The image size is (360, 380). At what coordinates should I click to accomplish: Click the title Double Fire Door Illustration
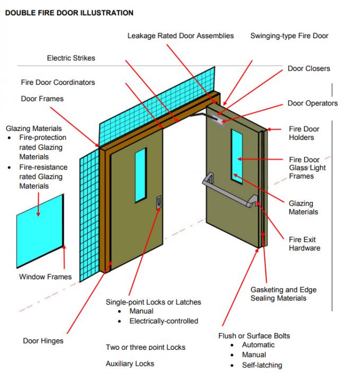tap(69, 12)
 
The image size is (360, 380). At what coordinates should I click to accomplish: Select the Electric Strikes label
tap(71, 58)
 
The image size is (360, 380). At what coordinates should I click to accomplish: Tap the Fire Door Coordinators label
tap(58, 83)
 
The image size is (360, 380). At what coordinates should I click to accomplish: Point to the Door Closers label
tap(309, 69)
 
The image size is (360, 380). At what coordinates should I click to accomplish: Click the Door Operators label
tap(312, 103)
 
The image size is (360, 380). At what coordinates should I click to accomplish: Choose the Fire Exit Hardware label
tap(304, 244)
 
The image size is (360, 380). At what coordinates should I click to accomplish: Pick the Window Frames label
tap(45, 277)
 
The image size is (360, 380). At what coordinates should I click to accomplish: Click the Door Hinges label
tap(43, 341)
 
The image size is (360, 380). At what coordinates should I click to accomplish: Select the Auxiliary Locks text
tap(130, 364)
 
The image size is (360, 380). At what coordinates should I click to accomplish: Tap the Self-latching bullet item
tap(262, 365)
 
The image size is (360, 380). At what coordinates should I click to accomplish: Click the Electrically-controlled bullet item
tap(164, 321)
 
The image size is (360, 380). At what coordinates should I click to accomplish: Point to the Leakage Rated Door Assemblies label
tap(181, 36)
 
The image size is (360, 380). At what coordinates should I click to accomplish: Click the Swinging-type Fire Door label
tap(289, 36)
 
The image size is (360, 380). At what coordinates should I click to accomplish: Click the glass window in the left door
tap(140, 175)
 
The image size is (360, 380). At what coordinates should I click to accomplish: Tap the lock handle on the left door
tap(158, 202)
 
